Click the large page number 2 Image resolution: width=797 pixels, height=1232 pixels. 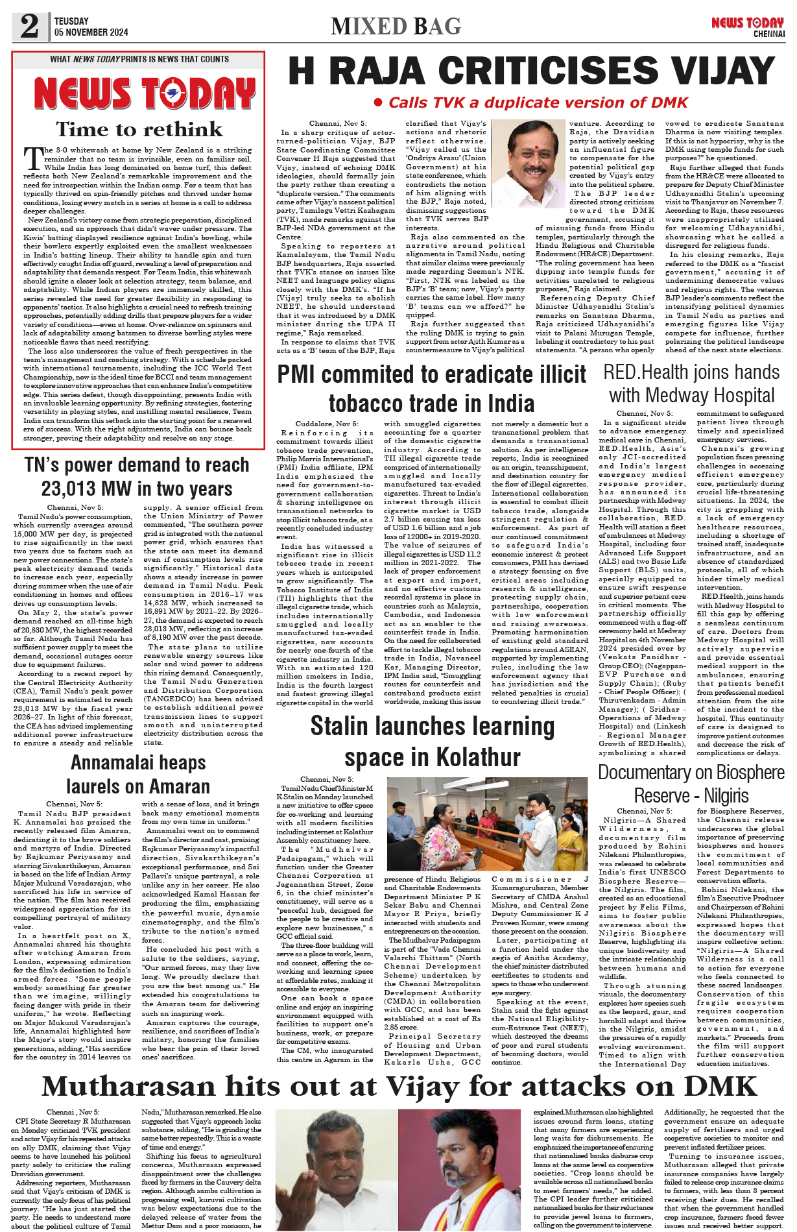29,26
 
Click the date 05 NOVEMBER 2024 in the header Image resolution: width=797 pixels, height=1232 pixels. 91,32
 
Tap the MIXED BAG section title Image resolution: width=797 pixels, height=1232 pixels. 396,27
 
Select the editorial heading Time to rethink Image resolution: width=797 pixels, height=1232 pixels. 139,128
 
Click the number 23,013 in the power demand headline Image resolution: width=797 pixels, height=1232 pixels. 69,489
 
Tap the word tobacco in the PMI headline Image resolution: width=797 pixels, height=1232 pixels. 367,404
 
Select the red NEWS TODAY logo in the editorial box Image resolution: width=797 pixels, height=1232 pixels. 143,94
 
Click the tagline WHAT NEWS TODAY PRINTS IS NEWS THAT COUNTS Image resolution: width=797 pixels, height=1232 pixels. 139,59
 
